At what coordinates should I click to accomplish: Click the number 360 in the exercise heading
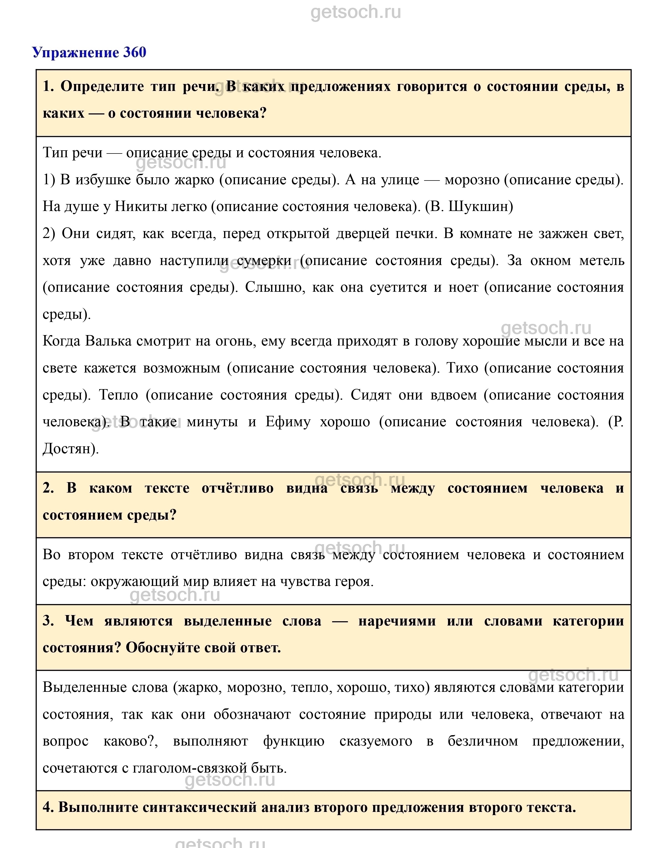pos(134,52)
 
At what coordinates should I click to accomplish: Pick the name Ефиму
pos(288,422)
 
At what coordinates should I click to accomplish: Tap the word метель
pos(601,260)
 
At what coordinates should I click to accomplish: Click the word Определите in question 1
pos(102,86)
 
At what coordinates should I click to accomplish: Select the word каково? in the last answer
pos(131,742)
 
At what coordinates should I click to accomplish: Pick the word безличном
pos(482,742)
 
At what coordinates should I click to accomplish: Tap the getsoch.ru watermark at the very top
pos(356,13)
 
